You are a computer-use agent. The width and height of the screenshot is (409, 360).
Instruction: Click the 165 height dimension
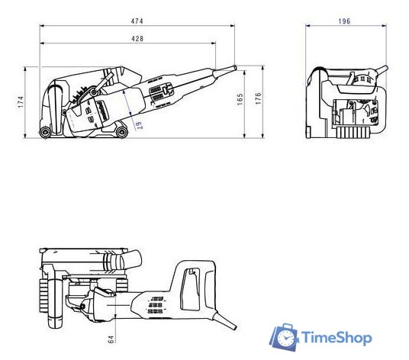click(x=240, y=100)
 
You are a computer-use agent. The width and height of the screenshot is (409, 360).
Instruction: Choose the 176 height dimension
click(x=259, y=100)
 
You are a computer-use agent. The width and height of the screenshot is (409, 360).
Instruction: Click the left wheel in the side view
click(x=48, y=134)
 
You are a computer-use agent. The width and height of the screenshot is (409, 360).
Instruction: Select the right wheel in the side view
click(x=121, y=134)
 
